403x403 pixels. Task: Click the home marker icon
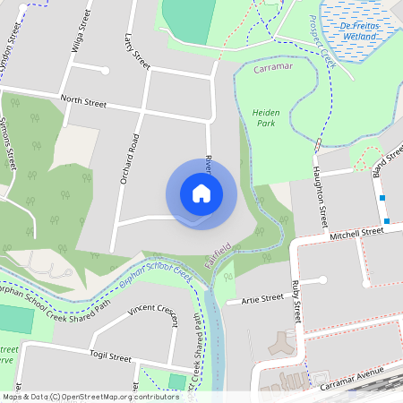[x=201, y=193]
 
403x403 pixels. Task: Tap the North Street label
[x=82, y=101]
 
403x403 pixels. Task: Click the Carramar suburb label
[x=273, y=68]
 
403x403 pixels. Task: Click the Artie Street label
[x=262, y=300]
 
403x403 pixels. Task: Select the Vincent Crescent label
[x=153, y=310]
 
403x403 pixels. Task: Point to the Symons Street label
[x=10, y=143]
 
